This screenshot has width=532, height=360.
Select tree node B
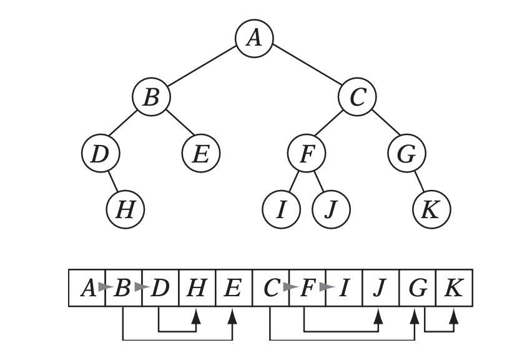[x=150, y=97]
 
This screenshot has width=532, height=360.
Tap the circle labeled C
[x=357, y=97]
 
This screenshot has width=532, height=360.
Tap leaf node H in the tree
[x=126, y=209]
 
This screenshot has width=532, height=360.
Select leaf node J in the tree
[x=331, y=209]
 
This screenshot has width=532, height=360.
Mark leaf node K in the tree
[x=431, y=209]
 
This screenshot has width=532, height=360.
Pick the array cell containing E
[x=233, y=288]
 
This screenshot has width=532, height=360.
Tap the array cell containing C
[x=270, y=288]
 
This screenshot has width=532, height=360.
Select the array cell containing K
[x=454, y=288]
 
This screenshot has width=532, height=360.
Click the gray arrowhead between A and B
[x=107, y=288]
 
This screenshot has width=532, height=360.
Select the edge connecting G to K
[x=418, y=182]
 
